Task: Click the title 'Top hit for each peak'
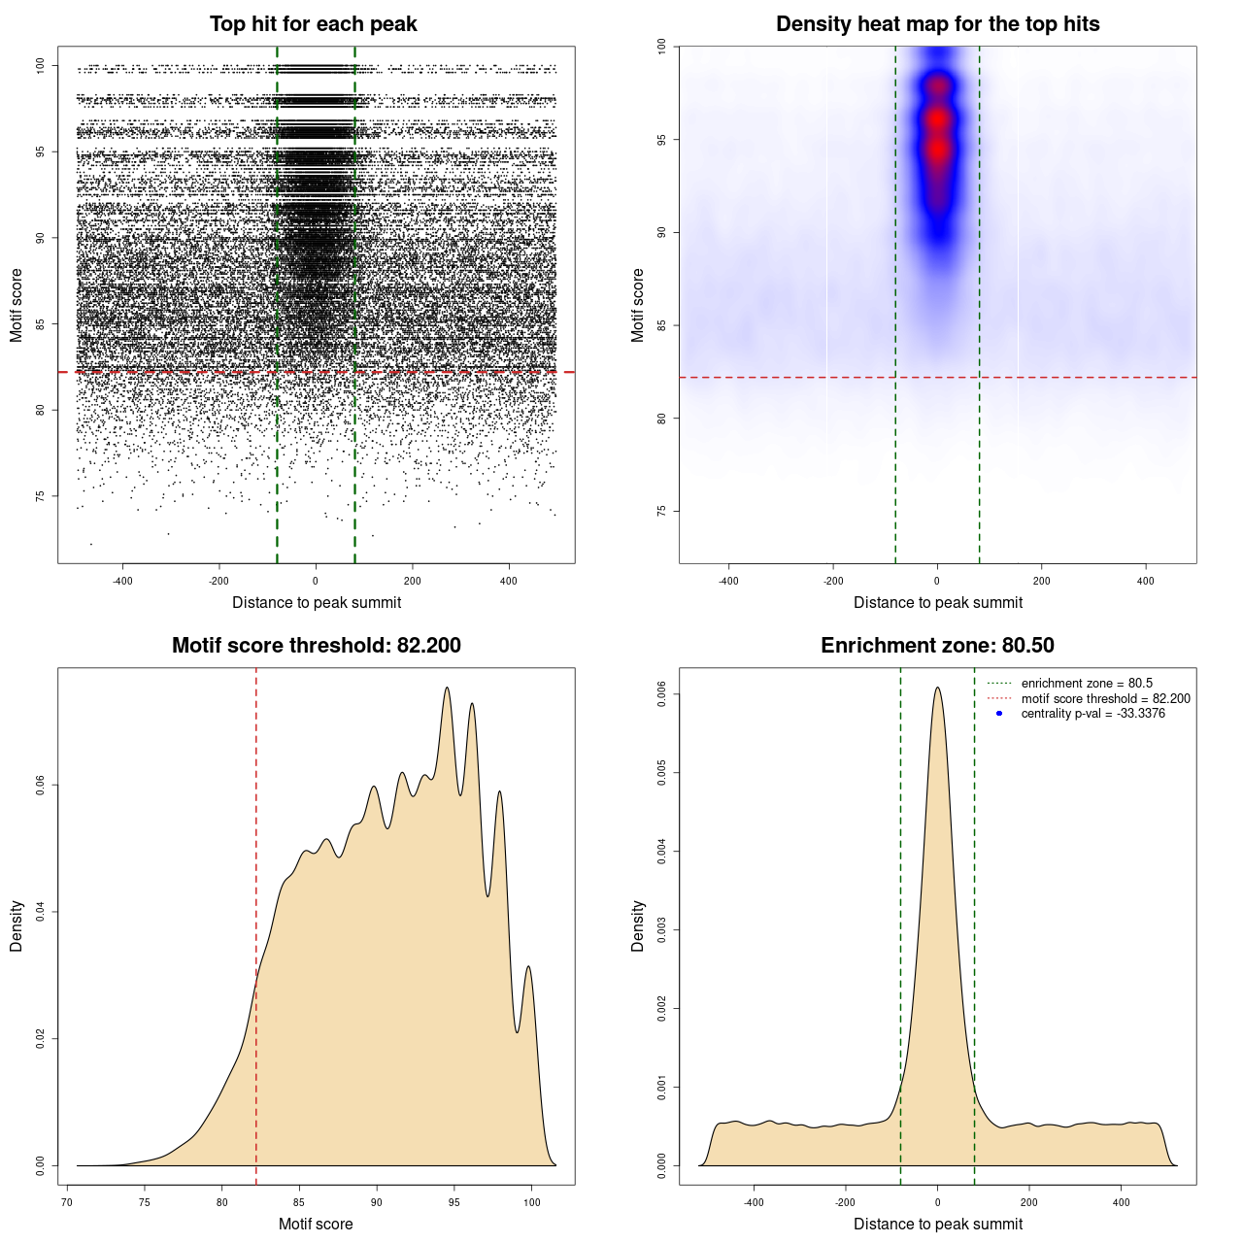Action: point(313,24)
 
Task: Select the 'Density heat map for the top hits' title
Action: point(937,24)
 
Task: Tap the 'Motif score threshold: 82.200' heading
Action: point(316,646)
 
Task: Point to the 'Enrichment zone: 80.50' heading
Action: point(937,646)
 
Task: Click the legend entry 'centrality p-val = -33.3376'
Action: point(1092,714)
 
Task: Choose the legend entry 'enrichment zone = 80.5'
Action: point(1087,684)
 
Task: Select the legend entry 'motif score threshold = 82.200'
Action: point(1105,698)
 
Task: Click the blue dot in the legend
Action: point(999,714)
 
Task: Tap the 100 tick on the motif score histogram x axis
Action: point(531,1202)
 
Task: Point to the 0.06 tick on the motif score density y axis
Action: point(41,785)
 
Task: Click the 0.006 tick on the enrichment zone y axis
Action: point(662,694)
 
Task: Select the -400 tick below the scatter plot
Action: point(122,581)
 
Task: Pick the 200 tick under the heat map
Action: point(1042,581)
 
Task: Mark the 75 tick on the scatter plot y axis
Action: point(41,496)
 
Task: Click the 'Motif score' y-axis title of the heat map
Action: point(638,305)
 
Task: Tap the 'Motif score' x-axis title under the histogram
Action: point(316,1224)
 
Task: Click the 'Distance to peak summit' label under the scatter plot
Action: point(317,602)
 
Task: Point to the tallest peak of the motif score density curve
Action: point(447,688)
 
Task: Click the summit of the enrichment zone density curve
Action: point(937,688)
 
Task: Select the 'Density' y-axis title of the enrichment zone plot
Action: point(638,925)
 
